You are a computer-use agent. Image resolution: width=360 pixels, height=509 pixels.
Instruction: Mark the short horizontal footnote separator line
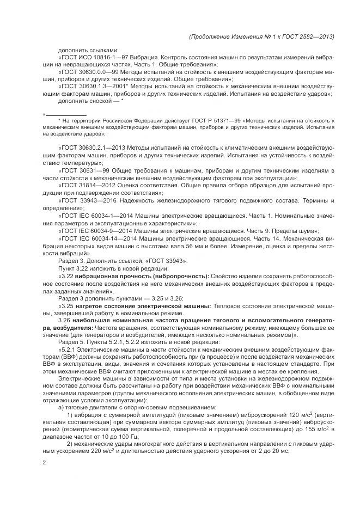65,115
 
